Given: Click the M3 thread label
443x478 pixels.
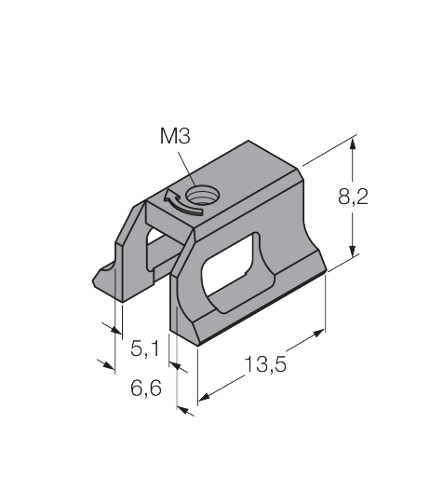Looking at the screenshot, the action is (175, 136).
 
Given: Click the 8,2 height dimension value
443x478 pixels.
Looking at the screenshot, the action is (353, 197).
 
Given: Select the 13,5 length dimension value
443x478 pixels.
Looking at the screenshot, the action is (265, 364).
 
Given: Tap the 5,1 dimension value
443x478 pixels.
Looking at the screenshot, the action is (144, 348).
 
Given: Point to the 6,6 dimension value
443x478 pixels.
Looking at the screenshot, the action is (146, 388).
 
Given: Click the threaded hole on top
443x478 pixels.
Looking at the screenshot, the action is (202, 196).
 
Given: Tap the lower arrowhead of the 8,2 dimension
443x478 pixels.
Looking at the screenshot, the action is (352, 251).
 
